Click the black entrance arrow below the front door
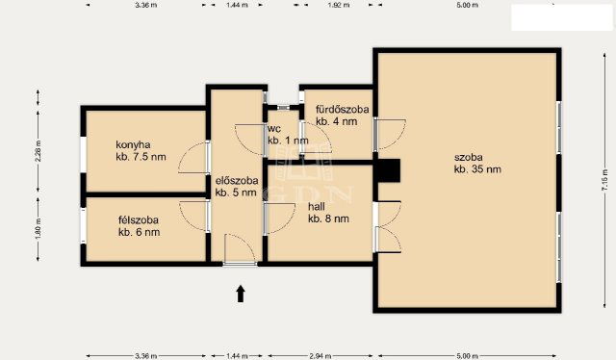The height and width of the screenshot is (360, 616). tap(241, 293)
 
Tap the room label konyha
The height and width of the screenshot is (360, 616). tap(134, 144)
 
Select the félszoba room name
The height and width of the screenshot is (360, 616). tap(139, 219)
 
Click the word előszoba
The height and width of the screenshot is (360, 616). tap(236, 180)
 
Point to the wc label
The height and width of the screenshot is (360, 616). tap(274, 128)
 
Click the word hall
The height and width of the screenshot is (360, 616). tap(317, 206)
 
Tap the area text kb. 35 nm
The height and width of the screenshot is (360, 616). tap(476, 169)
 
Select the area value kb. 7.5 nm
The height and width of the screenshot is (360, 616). tap(141, 157)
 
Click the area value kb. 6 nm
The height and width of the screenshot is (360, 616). tap(139, 232)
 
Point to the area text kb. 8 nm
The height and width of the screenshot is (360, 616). tap(328, 219)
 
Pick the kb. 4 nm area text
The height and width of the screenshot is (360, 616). tap(337, 122)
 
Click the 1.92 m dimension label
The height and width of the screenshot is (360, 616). tap(337, 5)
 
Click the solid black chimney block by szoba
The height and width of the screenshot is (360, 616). tap(387, 170)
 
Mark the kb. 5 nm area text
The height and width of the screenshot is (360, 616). tap(236, 193)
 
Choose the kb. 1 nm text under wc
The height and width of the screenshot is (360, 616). tap(288, 141)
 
